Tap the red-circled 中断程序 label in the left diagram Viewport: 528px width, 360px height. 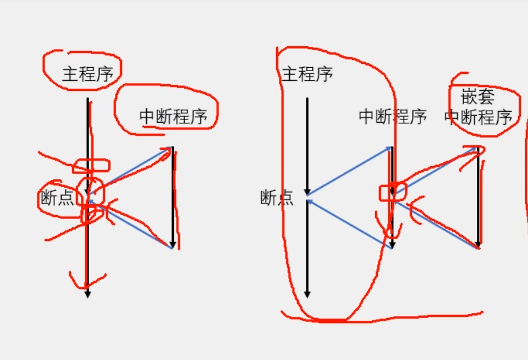click(173, 116)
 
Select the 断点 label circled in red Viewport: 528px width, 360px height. click(57, 198)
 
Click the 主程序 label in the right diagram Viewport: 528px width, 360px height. click(307, 74)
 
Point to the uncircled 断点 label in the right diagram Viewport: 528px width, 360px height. click(277, 197)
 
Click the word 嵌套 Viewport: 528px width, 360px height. click(478, 97)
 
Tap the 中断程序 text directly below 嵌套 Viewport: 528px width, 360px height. click(479, 117)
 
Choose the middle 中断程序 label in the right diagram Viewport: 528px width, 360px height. click(393, 117)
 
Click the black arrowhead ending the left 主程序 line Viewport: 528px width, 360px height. click(87, 294)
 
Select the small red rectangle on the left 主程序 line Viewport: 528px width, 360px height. click(91, 165)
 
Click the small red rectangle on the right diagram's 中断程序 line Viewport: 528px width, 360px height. click(393, 192)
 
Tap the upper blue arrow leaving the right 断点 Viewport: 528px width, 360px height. click(349, 171)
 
